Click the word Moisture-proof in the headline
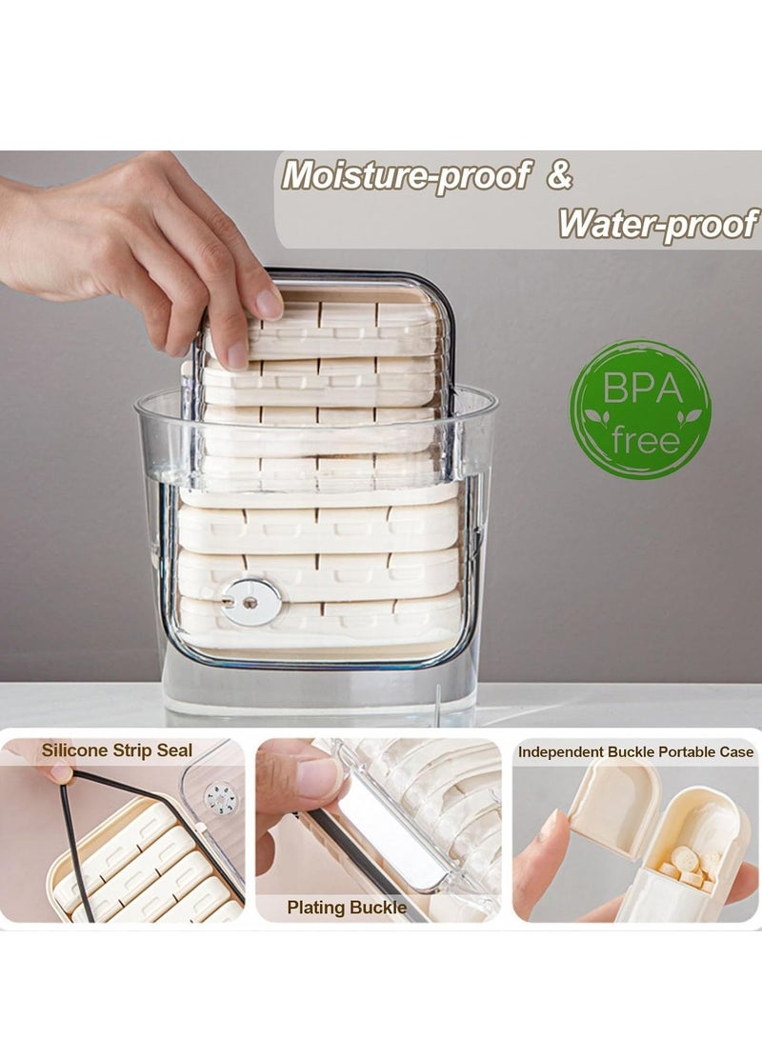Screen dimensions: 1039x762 click(406, 176)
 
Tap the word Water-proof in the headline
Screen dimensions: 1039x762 click(657, 224)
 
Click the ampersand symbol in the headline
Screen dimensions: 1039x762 click(560, 176)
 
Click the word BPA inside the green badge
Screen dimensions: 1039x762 click(640, 390)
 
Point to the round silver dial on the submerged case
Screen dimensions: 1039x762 click(251, 602)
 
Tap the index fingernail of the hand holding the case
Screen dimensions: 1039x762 click(270, 303)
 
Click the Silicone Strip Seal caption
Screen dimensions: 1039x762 click(117, 750)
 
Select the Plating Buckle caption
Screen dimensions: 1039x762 click(347, 908)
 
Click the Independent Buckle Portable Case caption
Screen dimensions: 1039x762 click(635, 751)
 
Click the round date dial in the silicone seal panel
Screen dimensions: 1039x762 click(220, 798)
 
